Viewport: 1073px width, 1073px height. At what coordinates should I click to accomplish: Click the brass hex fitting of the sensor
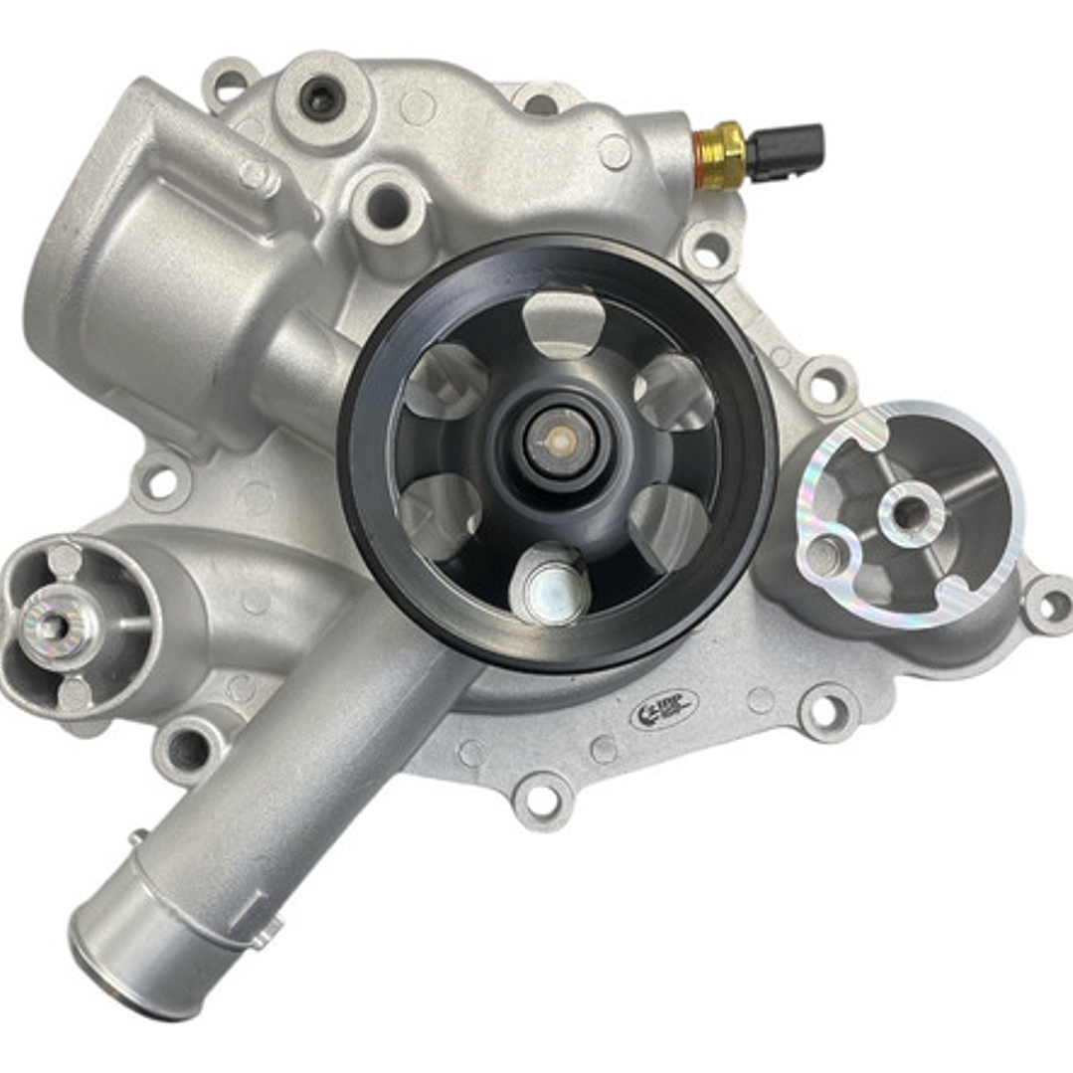click(720, 155)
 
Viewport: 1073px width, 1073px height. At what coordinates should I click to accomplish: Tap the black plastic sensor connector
click(786, 151)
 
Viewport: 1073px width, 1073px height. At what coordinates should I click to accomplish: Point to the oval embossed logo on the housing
click(663, 709)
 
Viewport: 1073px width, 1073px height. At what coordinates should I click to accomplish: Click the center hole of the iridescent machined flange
click(909, 513)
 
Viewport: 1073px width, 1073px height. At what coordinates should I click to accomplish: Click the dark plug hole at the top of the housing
click(321, 97)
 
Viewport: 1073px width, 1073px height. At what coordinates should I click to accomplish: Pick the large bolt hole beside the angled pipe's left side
click(189, 748)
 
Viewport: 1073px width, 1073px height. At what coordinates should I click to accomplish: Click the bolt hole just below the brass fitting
click(710, 251)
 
